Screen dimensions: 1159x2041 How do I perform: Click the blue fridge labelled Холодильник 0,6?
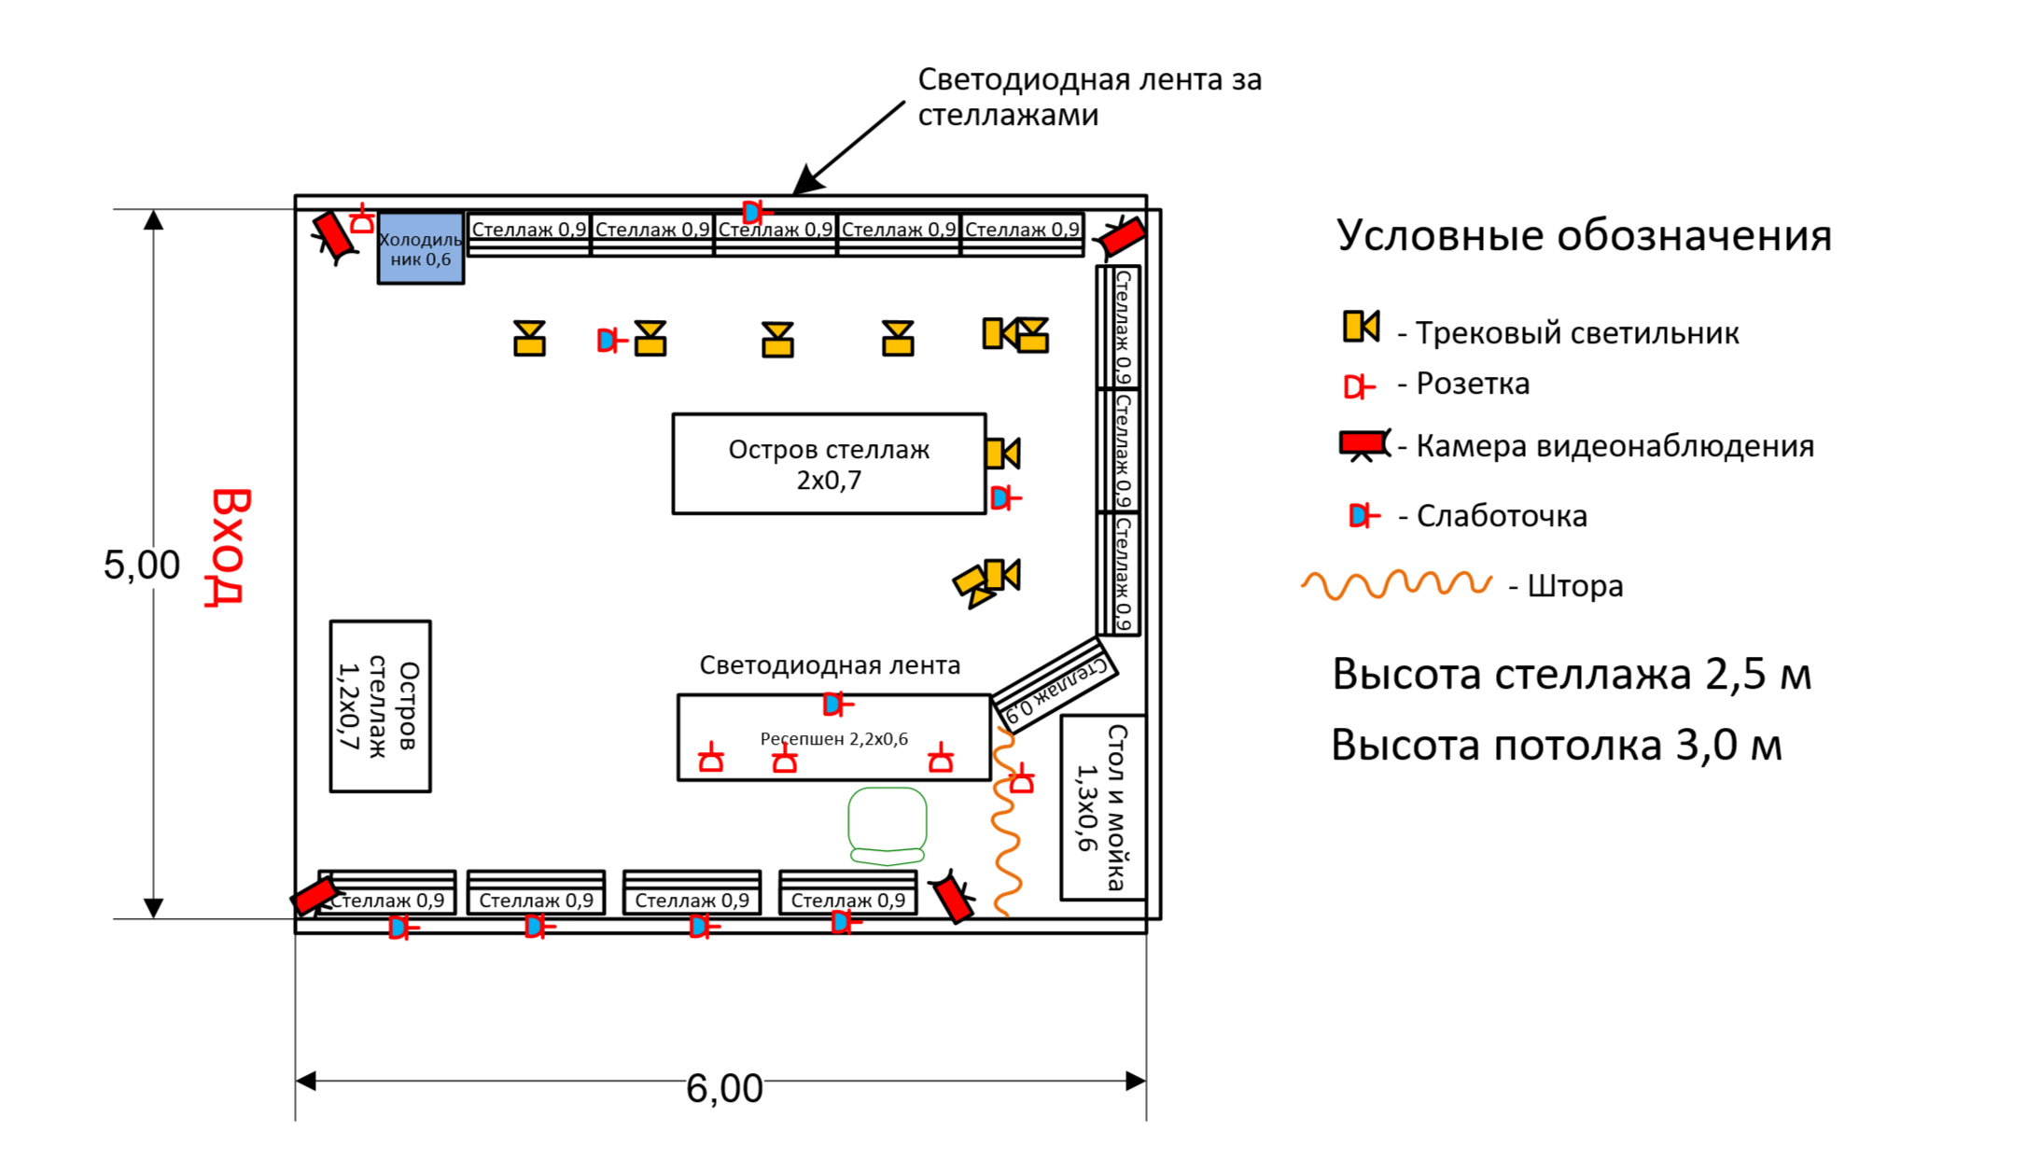coord(420,248)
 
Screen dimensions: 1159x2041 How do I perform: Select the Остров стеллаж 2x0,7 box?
coord(828,464)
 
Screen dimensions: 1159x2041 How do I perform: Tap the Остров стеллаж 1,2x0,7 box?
coord(380,706)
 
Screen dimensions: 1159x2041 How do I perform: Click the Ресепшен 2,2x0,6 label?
coord(833,739)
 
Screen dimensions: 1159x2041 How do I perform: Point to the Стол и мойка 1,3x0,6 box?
coord(1102,807)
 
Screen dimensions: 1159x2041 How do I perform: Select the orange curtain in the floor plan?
coord(1005,821)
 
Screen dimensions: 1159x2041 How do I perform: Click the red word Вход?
coord(228,547)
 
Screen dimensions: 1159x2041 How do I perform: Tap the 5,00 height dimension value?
coord(141,566)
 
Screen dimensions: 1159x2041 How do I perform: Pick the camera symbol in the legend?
coord(1363,444)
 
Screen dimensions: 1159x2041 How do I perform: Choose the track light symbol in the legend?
coord(1361,327)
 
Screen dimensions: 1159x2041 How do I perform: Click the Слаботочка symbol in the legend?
coord(1363,515)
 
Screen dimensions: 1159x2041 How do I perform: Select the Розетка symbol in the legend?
coord(1359,385)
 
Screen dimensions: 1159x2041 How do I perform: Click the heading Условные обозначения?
coord(1583,235)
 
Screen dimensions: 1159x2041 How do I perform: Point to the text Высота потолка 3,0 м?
coord(1556,746)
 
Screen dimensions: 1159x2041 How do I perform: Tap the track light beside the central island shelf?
coord(1003,454)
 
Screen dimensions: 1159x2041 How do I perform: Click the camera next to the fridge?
coord(333,236)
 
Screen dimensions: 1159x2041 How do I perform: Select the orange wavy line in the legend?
coord(1396,584)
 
